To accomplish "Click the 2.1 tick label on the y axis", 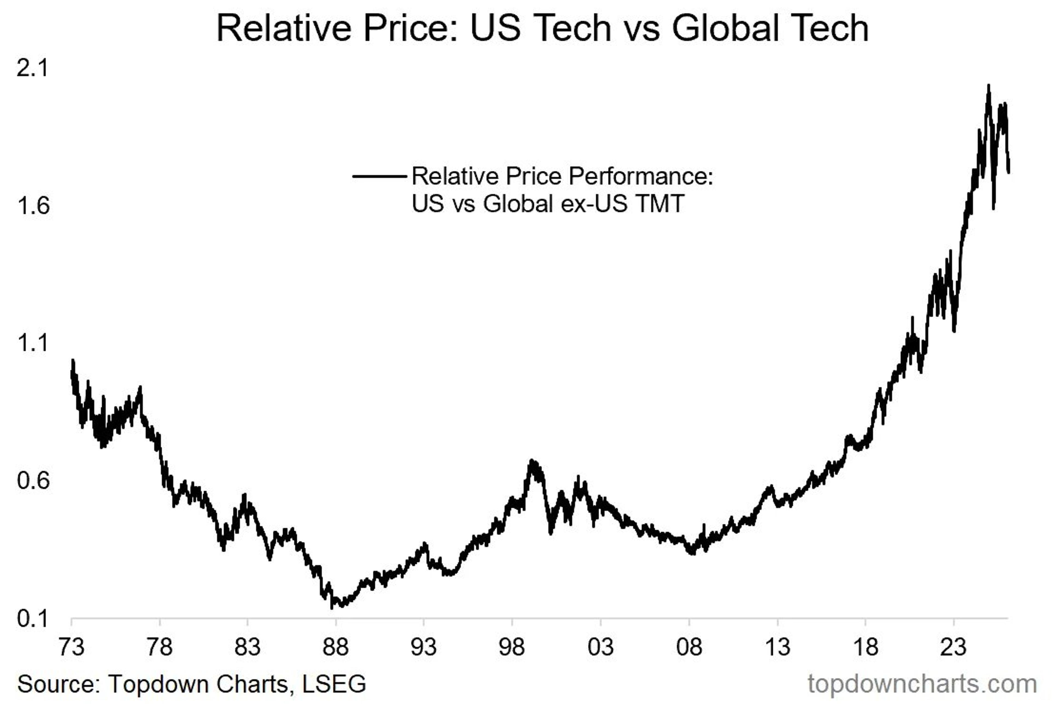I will point(32,69).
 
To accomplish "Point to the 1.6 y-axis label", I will point(32,206).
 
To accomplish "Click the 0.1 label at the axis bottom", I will point(32,619).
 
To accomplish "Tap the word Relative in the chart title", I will point(285,28).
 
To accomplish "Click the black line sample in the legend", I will point(379,176).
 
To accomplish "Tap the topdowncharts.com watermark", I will point(922,684).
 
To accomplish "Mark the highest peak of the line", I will point(988,85).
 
